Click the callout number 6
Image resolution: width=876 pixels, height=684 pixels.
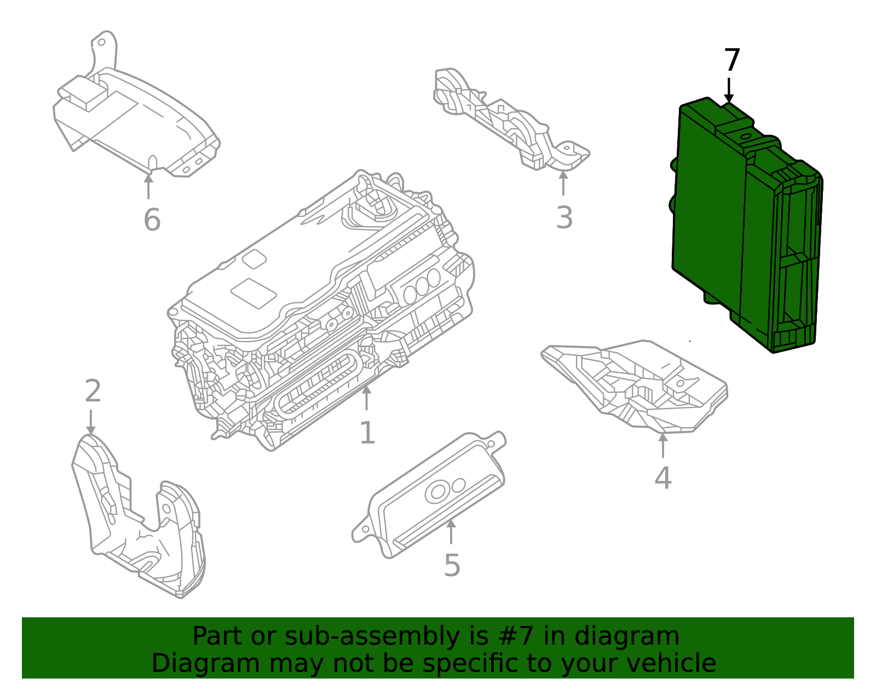pyautogui.click(x=152, y=220)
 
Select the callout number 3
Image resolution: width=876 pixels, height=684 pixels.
pyautogui.click(x=564, y=217)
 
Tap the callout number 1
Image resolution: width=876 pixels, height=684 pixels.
pyautogui.click(x=367, y=433)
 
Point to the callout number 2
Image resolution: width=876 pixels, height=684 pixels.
pyautogui.click(x=93, y=392)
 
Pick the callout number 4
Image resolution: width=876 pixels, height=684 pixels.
pyautogui.click(x=662, y=478)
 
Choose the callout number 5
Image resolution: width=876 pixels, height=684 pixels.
pyautogui.click(x=452, y=565)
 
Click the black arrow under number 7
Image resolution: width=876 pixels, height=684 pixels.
pyautogui.click(x=729, y=90)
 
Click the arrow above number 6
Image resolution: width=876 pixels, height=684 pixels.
pyautogui.click(x=148, y=186)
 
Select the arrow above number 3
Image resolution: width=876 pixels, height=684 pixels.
pyautogui.click(x=563, y=183)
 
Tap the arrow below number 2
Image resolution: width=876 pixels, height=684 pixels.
pyautogui.click(x=91, y=422)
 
